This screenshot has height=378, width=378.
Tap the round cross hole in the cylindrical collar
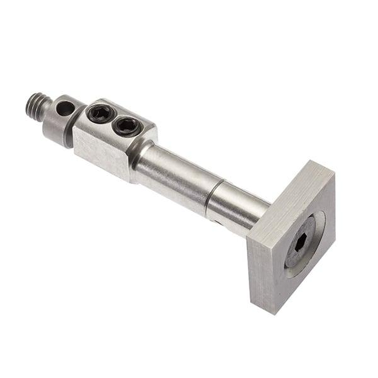64,109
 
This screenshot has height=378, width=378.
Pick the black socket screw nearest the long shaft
127,127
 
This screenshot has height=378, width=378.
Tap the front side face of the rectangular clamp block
101,151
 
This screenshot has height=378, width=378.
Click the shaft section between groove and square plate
236,211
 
